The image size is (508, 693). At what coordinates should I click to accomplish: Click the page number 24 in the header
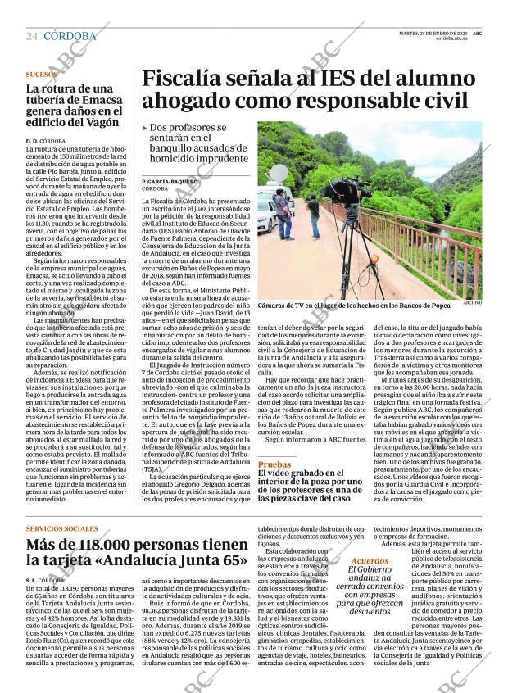[32, 36]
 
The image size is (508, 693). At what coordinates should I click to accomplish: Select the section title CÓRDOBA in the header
[70, 36]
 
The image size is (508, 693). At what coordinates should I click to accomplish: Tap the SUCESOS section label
[42, 74]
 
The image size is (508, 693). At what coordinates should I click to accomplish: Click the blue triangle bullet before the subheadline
[145, 128]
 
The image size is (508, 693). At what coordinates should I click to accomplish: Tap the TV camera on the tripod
[346, 191]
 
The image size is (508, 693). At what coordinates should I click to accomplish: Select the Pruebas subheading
[274, 464]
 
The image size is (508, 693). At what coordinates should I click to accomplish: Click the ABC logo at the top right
[477, 33]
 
